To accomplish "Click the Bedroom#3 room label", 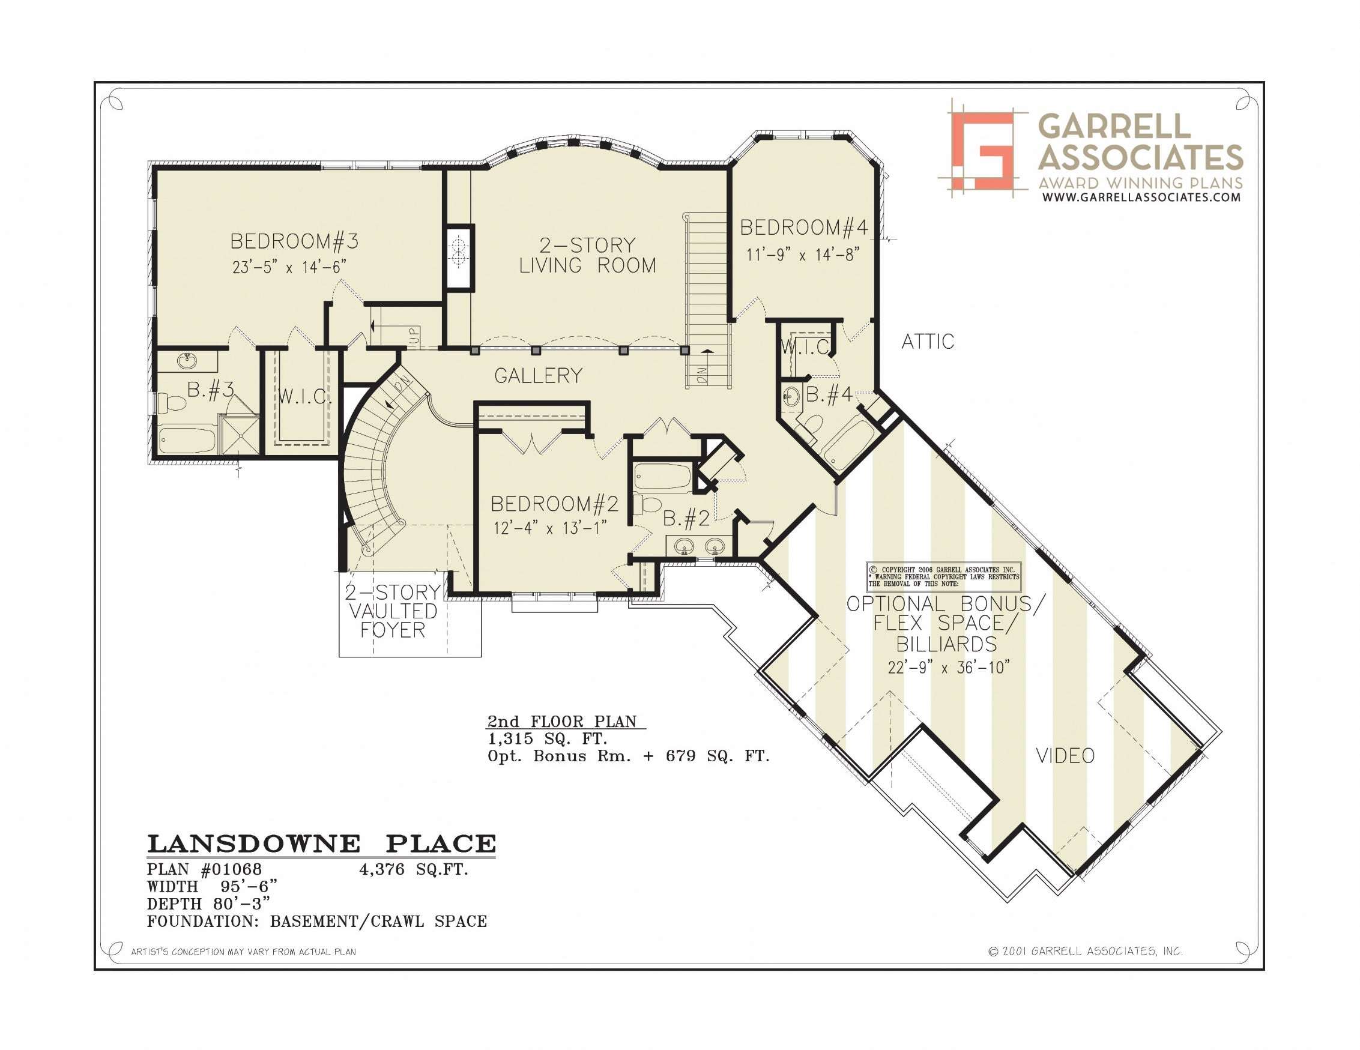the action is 294,241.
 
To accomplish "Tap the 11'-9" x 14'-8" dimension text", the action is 803,254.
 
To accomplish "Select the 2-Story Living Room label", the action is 588,255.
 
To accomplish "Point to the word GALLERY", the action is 538,376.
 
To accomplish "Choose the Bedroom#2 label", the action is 554,503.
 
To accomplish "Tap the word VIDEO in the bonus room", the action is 1065,756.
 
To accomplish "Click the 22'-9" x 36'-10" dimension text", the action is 948,668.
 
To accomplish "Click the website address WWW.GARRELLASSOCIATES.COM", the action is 1141,198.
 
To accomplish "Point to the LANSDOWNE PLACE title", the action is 321,844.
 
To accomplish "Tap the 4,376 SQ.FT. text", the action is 414,869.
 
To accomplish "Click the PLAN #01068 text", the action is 204,869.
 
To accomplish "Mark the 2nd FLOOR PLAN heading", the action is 562,721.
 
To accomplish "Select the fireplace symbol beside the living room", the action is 459,256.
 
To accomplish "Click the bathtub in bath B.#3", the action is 187,439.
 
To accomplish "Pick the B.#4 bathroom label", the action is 829,394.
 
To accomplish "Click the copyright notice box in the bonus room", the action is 943,577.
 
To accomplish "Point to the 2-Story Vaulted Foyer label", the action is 393,611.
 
